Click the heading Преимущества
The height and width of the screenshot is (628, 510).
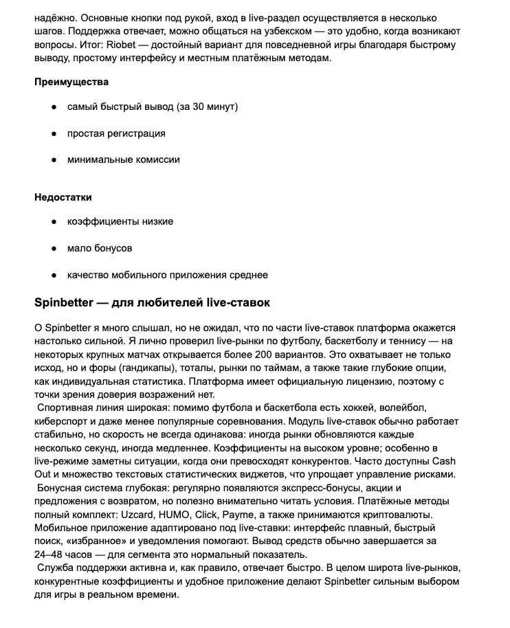(x=71, y=82)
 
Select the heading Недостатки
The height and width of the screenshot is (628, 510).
(x=63, y=197)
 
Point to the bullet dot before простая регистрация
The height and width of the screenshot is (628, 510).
(x=54, y=133)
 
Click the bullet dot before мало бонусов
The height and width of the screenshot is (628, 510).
(x=54, y=248)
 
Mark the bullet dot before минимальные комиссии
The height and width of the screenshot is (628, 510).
(x=54, y=159)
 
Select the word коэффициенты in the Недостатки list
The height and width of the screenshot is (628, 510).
(x=101, y=222)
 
